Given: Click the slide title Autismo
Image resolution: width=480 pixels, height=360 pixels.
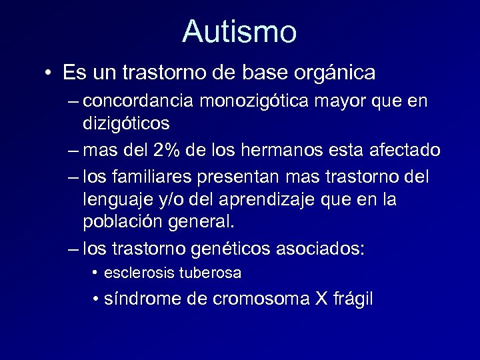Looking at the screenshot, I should click(x=239, y=31).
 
